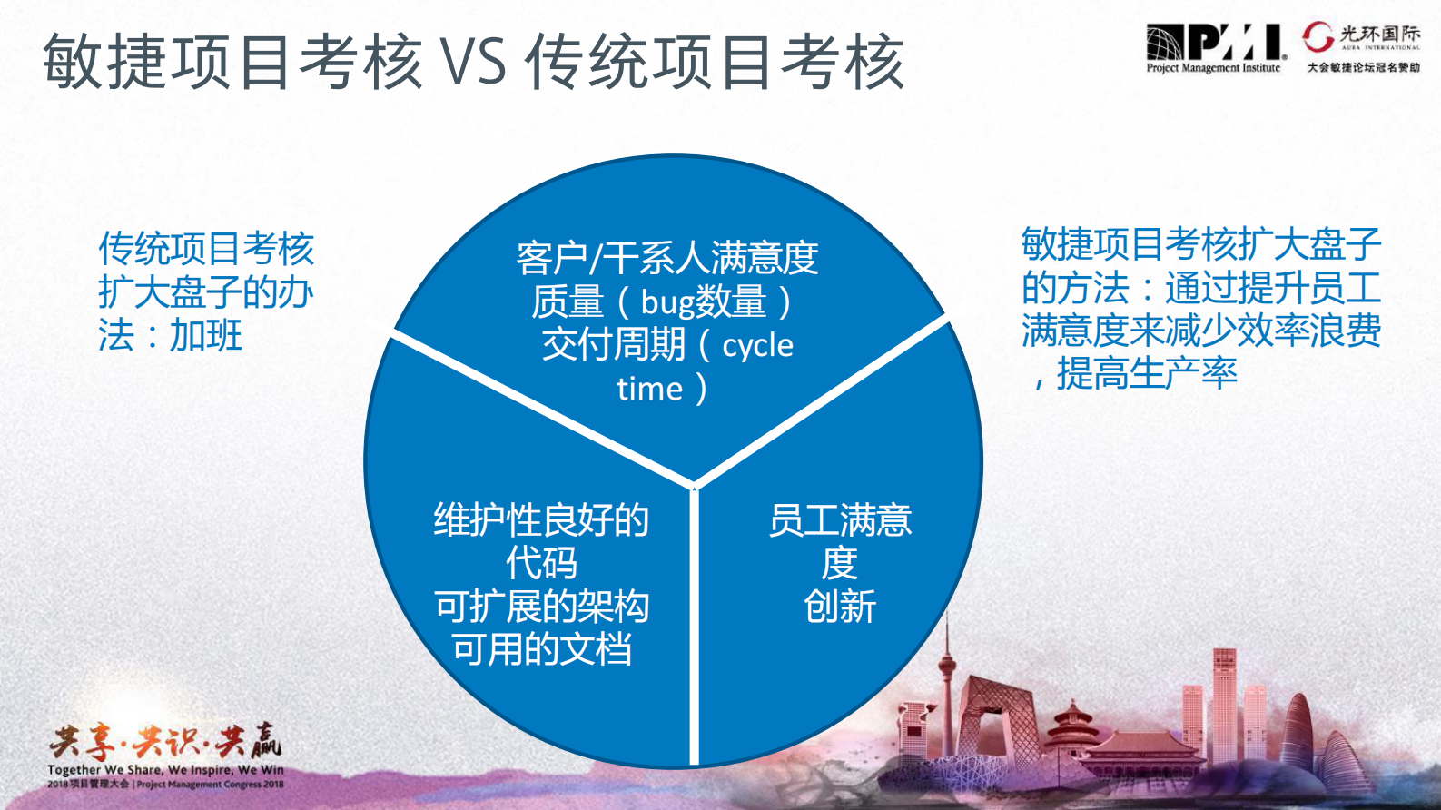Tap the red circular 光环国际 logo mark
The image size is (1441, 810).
coord(1318,36)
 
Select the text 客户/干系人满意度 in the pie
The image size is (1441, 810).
coord(667,258)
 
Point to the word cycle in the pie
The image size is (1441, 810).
coord(757,345)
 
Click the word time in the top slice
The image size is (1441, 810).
coord(649,389)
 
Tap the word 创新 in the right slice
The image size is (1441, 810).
coord(840,607)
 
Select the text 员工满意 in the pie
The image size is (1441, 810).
coord(840,520)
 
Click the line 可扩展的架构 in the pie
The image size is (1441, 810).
coord(541,607)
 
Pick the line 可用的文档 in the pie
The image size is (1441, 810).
coord(541,649)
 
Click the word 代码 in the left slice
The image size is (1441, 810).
coord(541,563)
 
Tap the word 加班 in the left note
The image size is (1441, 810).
coord(206,336)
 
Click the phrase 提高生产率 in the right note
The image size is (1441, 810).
coord(1147,373)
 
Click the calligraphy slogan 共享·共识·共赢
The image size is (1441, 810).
coord(165,742)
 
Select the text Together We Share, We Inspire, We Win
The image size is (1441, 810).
coord(165,770)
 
